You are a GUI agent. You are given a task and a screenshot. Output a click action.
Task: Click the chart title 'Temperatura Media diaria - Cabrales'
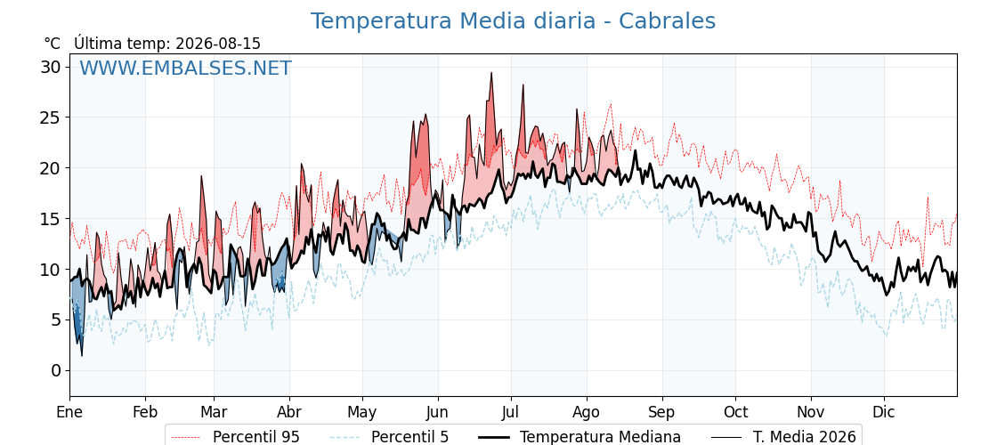pos(513,21)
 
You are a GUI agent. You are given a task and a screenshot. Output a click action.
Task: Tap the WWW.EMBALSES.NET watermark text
pos(185,68)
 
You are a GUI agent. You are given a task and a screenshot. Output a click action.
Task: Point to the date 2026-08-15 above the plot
pos(218,44)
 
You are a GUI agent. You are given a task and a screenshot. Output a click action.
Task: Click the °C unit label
pos(53,44)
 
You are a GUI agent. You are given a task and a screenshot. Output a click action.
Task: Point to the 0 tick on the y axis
pos(56,370)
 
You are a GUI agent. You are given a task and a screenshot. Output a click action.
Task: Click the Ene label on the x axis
pos(70,412)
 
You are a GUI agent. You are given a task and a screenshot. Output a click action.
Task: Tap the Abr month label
pos(289,412)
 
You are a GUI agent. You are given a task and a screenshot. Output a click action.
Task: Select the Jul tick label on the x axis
pos(511,412)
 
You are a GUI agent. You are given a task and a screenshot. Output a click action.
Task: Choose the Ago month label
pos(587,412)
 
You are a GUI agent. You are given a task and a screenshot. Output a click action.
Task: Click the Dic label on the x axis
pos(884,412)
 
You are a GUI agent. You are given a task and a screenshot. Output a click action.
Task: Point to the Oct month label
pos(735,412)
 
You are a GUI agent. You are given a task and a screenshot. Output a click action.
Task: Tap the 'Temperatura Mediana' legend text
pos(600,437)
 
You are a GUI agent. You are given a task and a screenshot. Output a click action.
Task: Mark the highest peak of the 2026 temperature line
pos(491,73)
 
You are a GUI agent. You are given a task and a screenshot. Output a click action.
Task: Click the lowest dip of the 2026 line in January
pos(81,355)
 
